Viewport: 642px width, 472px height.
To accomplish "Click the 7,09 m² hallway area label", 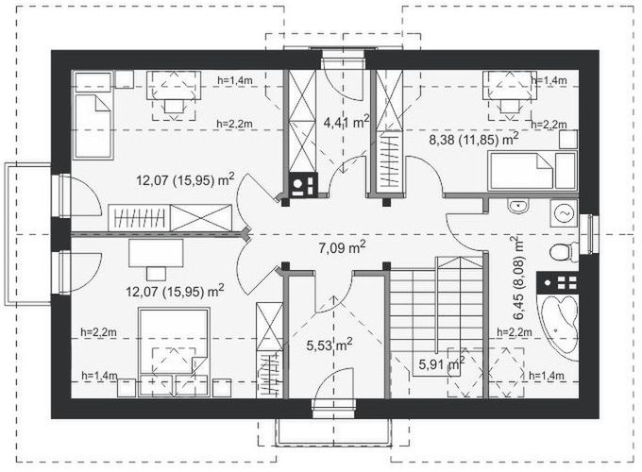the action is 342,247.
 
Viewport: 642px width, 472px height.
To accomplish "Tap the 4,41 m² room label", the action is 346,121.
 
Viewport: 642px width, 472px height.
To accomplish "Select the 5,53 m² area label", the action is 329,346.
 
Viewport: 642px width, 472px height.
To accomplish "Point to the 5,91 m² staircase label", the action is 442,363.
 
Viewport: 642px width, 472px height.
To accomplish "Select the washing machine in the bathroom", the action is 564,212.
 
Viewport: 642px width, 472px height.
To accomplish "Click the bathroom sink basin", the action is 518,206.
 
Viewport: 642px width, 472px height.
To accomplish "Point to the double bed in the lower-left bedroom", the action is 174,352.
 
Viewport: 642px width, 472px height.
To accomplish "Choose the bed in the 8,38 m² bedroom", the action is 532,170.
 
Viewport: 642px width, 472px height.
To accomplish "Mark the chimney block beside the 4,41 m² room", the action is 303,185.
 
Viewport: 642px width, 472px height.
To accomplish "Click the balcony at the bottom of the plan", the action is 333,431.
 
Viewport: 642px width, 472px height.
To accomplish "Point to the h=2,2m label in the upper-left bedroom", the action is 234,124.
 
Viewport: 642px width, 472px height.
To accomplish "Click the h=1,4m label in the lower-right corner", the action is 547,376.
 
